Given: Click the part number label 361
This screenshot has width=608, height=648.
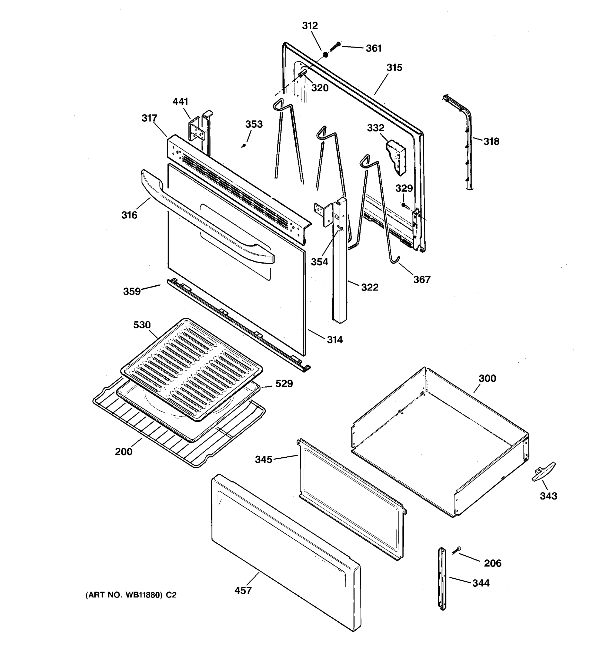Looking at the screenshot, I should [373, 48].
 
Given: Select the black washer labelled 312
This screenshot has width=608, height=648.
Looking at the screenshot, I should [325, 55].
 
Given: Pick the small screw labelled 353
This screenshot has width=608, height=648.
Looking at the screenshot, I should [243, 146].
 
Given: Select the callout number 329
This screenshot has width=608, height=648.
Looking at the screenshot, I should [404, 188].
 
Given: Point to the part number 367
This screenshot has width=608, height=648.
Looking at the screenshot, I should [422, 279].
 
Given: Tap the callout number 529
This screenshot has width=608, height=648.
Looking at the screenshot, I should [284, 384].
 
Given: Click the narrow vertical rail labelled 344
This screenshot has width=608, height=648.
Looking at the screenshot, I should [442, 579].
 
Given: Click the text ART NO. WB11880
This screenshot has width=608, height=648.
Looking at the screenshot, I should [131, 595].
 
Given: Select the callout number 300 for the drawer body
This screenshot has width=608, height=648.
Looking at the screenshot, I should [487, 379].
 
